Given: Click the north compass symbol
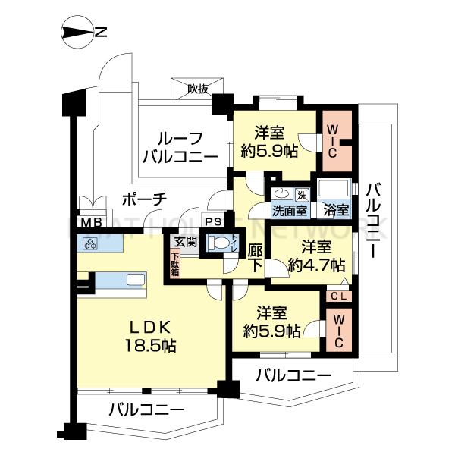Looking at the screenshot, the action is pos(77,32).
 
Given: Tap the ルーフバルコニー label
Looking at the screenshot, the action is pos(180,148).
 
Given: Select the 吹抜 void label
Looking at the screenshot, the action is pos(198,89).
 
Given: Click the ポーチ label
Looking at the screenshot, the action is pos(144,200).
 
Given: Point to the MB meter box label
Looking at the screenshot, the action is pos(91,222).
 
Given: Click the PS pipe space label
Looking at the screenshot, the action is pos(213,222).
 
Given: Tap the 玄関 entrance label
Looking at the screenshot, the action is pos(187,242).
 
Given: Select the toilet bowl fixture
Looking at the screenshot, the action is pos(218,243).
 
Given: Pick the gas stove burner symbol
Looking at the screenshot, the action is pos(90,243).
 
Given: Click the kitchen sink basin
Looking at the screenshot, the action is pos(136,281).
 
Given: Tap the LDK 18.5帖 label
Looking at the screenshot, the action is pos(150,336).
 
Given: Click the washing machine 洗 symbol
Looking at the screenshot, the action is pos(303,195).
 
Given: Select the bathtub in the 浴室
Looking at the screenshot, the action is pos(334,190).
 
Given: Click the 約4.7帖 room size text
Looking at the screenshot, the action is pos(317,265).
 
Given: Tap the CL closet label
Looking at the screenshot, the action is pos(339,297).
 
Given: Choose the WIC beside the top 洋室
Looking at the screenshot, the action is pos(333,141).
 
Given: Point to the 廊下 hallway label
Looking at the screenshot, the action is pos(256,258).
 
